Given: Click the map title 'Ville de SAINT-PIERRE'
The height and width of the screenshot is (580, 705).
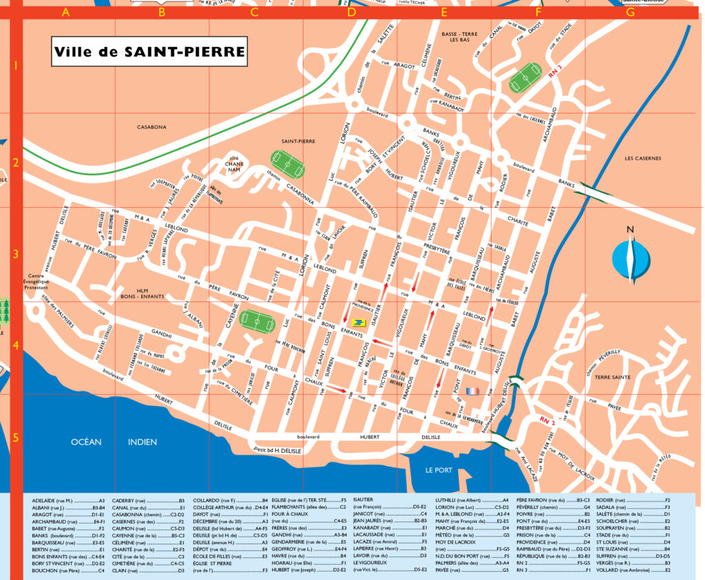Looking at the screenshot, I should pyautogui.click(x=149, y=52).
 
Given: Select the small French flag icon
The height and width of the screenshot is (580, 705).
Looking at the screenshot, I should pyautogui.click(x=472, y=390).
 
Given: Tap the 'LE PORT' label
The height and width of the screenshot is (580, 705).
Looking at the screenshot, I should pyautogui.click(x=439, y=471).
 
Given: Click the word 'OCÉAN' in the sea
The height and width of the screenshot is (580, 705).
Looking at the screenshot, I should pyautogui.click(x=86, y=442).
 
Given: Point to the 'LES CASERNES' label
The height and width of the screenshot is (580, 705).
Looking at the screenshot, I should pyautogui.click(x=642, y=158).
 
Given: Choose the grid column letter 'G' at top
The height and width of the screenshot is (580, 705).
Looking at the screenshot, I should pyautogui.click(x=631, y=12).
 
